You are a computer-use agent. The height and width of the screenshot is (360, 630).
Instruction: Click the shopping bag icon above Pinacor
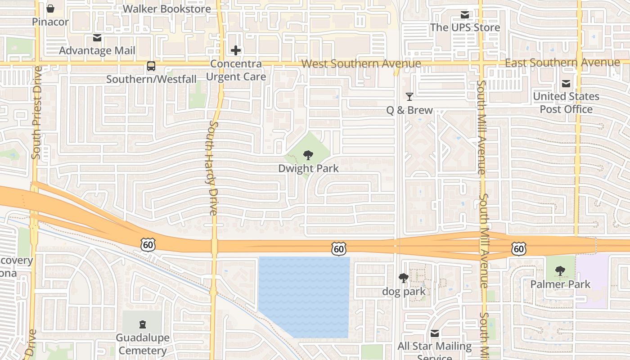50,9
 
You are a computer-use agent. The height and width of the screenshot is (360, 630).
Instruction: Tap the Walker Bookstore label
166,9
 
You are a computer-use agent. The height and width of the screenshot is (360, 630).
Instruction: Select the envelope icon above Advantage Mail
97,38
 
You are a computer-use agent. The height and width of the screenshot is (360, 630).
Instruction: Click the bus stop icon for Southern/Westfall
151,66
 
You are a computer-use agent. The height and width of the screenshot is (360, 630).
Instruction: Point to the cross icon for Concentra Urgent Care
236,50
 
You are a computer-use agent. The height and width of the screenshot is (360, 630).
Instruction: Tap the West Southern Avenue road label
361,64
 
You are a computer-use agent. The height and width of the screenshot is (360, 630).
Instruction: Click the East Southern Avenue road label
562,63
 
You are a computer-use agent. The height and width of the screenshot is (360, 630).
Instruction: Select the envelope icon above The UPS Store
465,15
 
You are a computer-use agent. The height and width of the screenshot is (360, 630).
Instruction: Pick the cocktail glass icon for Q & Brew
409,97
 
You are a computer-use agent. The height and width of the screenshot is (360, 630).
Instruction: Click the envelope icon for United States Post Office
566,84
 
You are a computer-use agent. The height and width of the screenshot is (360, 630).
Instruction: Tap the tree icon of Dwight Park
308,156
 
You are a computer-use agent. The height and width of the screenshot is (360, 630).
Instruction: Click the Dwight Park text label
308,169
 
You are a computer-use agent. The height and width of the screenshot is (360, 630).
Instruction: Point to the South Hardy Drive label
213,167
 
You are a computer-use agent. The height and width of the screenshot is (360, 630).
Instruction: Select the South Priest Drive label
36,112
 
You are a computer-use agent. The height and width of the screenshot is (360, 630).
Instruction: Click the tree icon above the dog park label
404,279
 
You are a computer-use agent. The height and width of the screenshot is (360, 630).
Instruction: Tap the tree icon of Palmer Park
560,271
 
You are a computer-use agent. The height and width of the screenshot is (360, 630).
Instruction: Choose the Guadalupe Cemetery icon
142,324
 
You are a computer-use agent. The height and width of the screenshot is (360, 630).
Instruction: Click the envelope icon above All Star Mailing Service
435,333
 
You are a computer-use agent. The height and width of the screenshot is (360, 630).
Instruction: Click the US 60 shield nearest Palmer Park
518,248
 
